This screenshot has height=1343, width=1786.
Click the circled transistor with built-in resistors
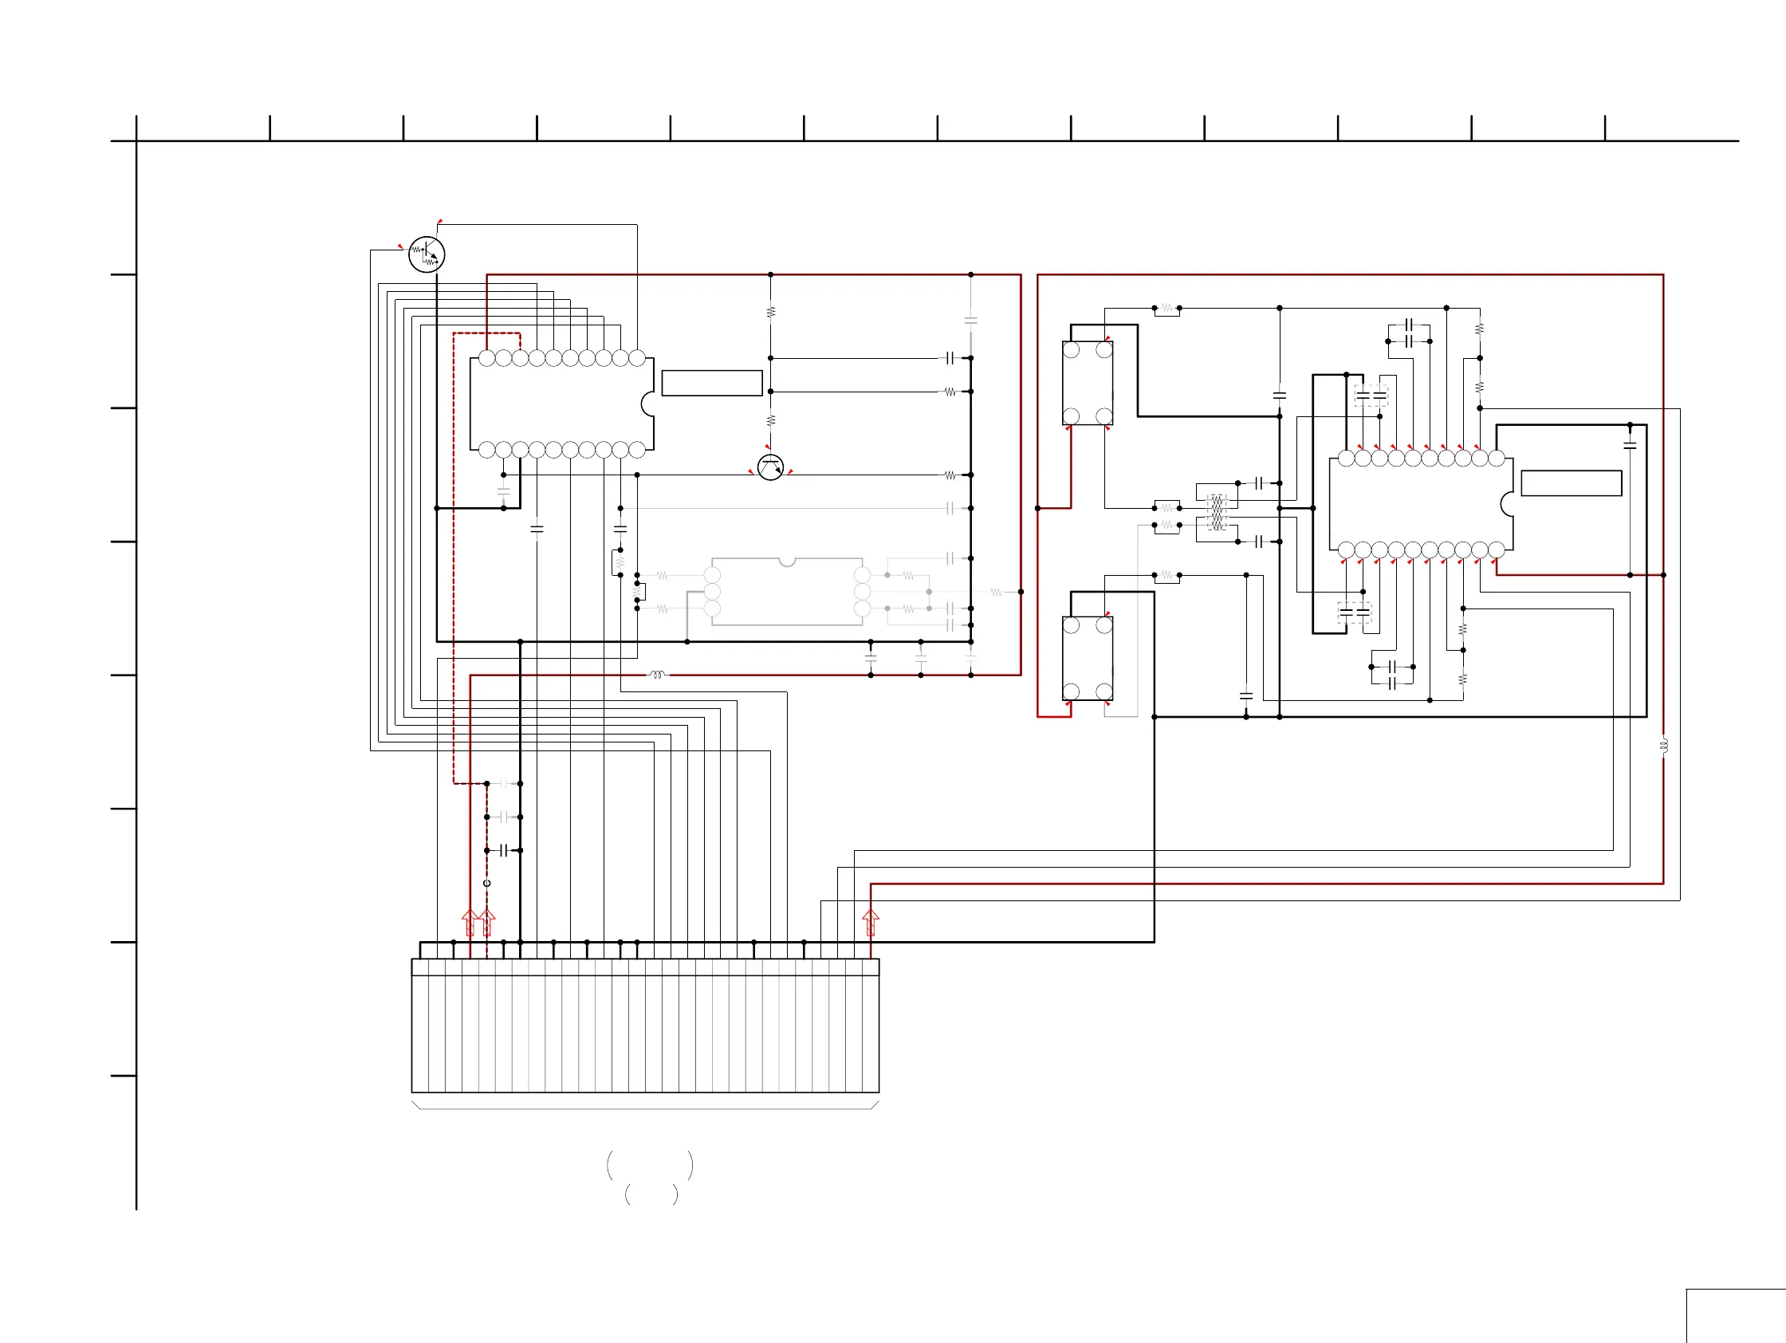[x=427, y=254]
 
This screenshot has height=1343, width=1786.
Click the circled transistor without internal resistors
[x=770, y=467]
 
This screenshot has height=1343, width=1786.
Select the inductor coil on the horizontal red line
[x=657, y=675]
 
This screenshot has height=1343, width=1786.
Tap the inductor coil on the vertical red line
[x=1663, y=746]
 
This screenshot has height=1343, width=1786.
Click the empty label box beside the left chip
[x=711, y=383]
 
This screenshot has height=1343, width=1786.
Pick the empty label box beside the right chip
[x=1572, y=483]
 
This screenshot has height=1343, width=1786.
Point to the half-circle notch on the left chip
[x=647, y=404]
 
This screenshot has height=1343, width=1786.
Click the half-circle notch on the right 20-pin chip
[x=1507, y=504]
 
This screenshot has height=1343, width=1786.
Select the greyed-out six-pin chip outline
[x=787, y=592]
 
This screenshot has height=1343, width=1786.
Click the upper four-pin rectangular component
[x=1087, y=383]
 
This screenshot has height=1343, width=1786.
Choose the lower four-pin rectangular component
[x=1087, y=658]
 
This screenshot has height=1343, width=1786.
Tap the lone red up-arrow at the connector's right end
[x=871, y=921]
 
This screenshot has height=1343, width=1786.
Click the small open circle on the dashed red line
[x=487, y=883]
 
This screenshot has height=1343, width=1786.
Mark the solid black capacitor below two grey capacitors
[x=504, y=850]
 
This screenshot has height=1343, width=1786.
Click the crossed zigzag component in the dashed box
[x=1216, y=512]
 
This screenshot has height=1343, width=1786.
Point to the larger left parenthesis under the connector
[x=611, y=1164]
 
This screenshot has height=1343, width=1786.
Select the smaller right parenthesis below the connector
[x=675, y=1195]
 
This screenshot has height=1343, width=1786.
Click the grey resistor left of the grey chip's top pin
[x=662, y=576]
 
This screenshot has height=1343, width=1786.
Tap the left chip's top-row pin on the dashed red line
[x=520, y=358]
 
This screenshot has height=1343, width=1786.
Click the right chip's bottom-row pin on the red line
[x=1496, y=550]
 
